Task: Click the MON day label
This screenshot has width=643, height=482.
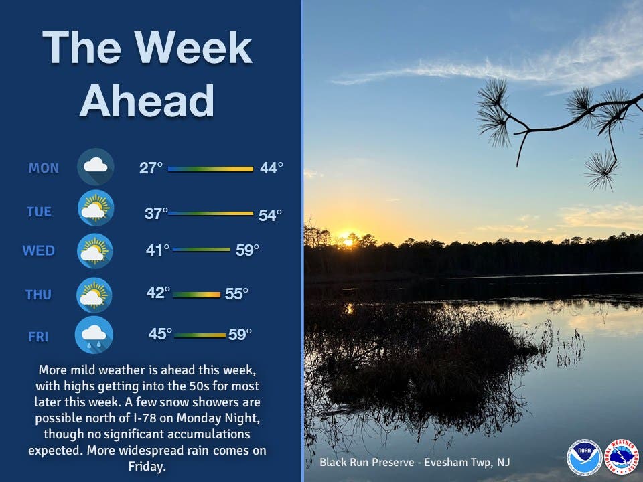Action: pos(44,168)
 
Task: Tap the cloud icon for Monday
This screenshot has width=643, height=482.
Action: pos(96,167)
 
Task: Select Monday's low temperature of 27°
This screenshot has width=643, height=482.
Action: pos(151,167)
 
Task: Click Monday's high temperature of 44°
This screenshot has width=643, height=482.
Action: pos(271,167)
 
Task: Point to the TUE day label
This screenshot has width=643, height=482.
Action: pos(39,212)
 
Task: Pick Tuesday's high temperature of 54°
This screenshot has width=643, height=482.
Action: pos(270,215)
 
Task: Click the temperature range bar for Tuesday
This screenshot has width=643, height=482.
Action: pos(211,213)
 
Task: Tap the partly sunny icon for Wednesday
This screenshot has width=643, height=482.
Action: pos(94,250)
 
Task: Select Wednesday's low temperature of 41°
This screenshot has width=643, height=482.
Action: pos(157,250)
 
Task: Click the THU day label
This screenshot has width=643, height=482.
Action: pos(39,295)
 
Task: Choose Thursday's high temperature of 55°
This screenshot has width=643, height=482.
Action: pos(236,293)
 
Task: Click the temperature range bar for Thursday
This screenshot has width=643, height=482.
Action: pos(197,295)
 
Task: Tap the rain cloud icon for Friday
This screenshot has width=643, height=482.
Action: pos(94,335)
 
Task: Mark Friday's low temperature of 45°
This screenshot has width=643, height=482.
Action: pos(160,333)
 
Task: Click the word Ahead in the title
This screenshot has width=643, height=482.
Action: pos(147,101)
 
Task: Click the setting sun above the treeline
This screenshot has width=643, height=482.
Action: pos(348,242)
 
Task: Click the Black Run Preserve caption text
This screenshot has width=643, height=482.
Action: pos(415,463)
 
